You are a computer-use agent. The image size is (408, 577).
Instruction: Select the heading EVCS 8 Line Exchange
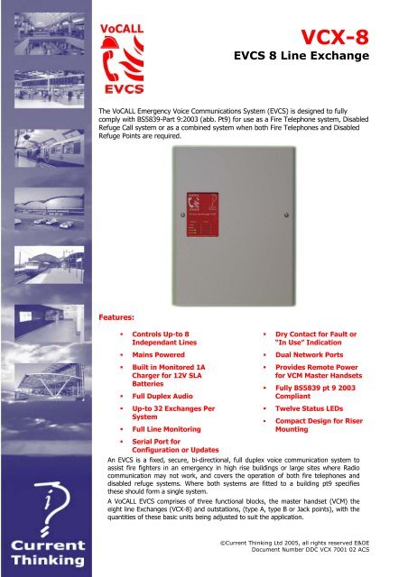[x=313, y=64]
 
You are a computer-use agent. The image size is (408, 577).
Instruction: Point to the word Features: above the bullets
[x=117, y=317]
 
